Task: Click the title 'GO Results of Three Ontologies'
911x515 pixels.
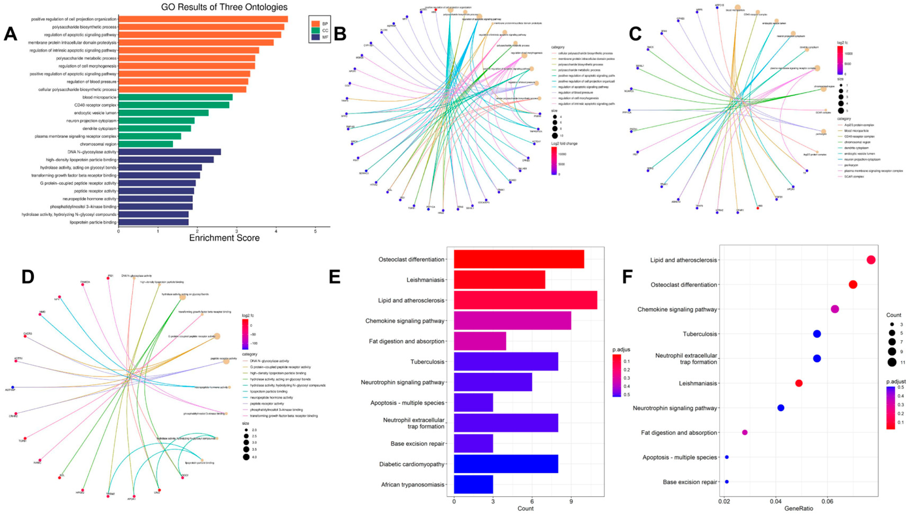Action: (224, 7)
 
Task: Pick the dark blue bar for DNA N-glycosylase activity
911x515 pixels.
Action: (169, 152)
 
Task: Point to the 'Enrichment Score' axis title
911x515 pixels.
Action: (224, 238)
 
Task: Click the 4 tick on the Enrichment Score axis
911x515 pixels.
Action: (276, 231)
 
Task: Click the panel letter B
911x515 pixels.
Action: (340, 35)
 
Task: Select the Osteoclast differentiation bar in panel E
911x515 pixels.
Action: (519, 259)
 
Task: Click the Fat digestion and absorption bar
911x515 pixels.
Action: (480, 341)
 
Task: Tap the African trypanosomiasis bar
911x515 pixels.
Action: (473, 485)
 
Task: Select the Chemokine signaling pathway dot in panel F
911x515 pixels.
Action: (835, 309)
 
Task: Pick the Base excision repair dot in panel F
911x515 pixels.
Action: (727, 482)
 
